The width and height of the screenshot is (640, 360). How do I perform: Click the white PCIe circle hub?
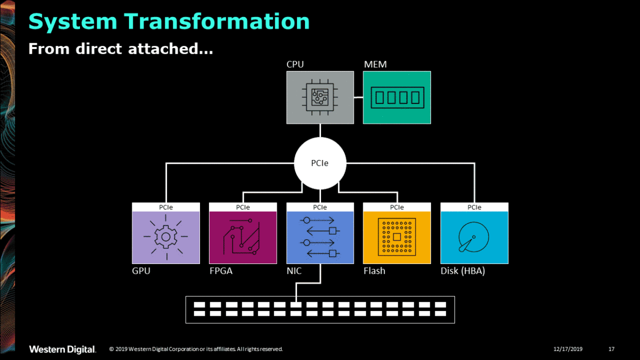320,163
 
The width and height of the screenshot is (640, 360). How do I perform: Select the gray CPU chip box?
320,98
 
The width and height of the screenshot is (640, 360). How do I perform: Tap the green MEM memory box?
397,98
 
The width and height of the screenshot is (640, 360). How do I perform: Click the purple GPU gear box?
166,237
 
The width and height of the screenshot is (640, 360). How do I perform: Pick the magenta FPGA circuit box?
243,237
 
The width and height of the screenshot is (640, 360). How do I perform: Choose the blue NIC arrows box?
320,237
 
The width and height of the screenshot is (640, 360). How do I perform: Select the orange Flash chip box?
397,237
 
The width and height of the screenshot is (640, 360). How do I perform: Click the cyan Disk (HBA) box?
474,237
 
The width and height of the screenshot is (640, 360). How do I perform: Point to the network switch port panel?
320,309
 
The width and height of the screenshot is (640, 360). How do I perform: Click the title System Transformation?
169,21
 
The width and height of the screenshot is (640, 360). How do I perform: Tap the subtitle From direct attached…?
121,49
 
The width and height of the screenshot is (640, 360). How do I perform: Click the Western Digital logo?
62,349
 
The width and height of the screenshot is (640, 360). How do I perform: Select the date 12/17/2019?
568,349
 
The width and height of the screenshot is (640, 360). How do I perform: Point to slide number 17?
611,349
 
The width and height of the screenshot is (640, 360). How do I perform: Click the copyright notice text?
196,349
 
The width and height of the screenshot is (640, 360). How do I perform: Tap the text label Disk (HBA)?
462,271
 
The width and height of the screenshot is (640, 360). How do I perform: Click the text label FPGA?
221,271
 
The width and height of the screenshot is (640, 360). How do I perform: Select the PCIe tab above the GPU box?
166,207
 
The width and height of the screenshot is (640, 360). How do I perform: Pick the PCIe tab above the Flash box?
397,207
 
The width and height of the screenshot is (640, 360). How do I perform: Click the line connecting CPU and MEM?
358,98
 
